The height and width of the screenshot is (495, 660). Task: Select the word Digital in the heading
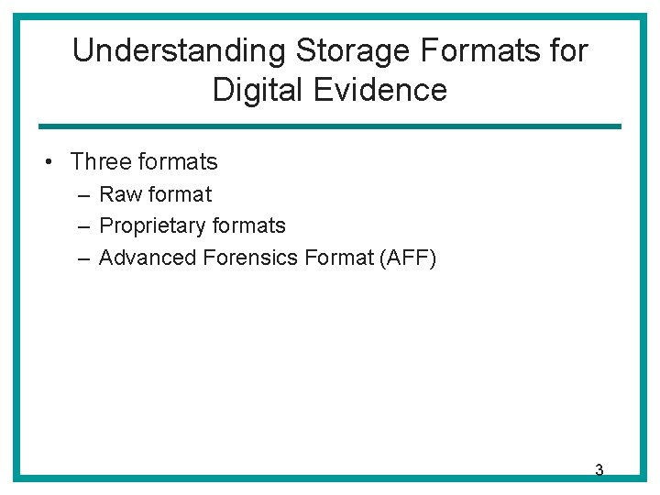click(x=252, y=90)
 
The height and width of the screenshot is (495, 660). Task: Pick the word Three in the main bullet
click(x=101, y=162)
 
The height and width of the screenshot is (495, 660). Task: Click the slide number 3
click(x=599, y=470)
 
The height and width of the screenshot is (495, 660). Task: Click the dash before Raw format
click(x=83, y=194)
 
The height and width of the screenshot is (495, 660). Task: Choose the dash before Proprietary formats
click(x=83, y=225)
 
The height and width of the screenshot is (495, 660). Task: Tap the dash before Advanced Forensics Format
click(x=83, y=258)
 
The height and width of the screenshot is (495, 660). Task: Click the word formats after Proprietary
click(x=248, y=225)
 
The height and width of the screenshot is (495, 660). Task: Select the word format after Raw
click(x=180, y=194)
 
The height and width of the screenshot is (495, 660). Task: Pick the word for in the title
click(x=568, y=51)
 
